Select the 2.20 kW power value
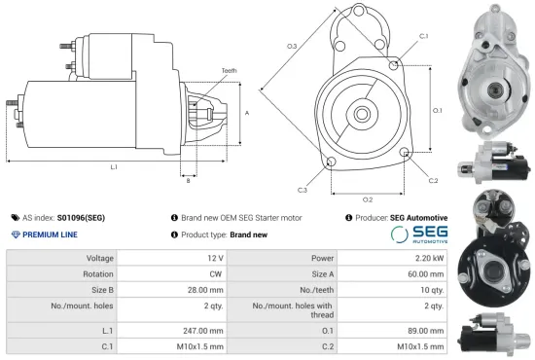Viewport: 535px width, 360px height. [x=434, y=258]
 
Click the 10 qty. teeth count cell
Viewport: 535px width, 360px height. [x=432, y=289]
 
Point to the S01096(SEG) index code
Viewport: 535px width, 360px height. [x=86, y=218]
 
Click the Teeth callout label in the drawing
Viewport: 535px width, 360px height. [x=230, y=69]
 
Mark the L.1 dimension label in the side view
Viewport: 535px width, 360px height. [x=114, y=167]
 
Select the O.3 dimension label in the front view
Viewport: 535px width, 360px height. [x=292, y=46]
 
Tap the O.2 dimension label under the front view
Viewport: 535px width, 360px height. [x=368, y=172]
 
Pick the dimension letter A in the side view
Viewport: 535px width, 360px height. [x=247, y=113]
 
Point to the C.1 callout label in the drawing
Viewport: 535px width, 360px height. [x=423, y=36]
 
